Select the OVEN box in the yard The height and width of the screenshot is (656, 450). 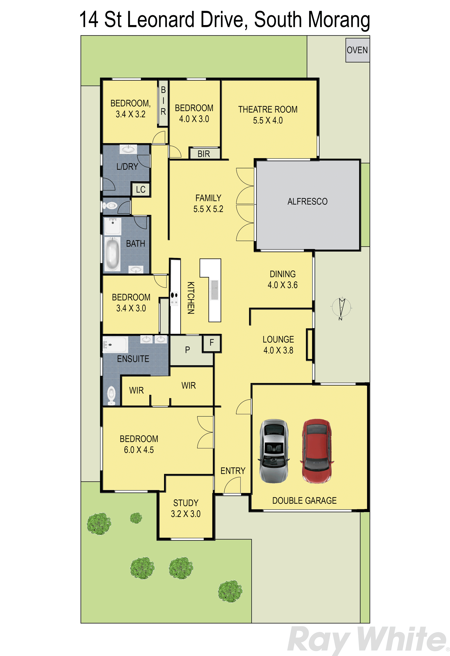tap(357, 50)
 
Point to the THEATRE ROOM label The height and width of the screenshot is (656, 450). tap(268, 109)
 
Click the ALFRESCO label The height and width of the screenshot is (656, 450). tap(307, 202)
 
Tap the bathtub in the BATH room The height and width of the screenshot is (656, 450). tap(112, 254)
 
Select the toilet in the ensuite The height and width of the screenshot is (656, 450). tap(111, 395)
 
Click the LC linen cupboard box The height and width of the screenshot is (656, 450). tap(140, 189)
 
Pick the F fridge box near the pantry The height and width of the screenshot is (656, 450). tap(212, 343)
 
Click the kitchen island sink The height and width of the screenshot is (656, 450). tap(214, 290)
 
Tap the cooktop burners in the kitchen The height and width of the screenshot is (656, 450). tap(174, 299)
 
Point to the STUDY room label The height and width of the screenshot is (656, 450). tap(186, 503)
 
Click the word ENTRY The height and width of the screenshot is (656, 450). tap(233, 471)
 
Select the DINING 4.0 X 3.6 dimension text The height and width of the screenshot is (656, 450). tap(283, 285)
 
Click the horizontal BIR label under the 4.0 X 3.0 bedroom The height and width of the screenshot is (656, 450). tap(204, 154)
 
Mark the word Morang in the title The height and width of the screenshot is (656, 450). tap(339, 21)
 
